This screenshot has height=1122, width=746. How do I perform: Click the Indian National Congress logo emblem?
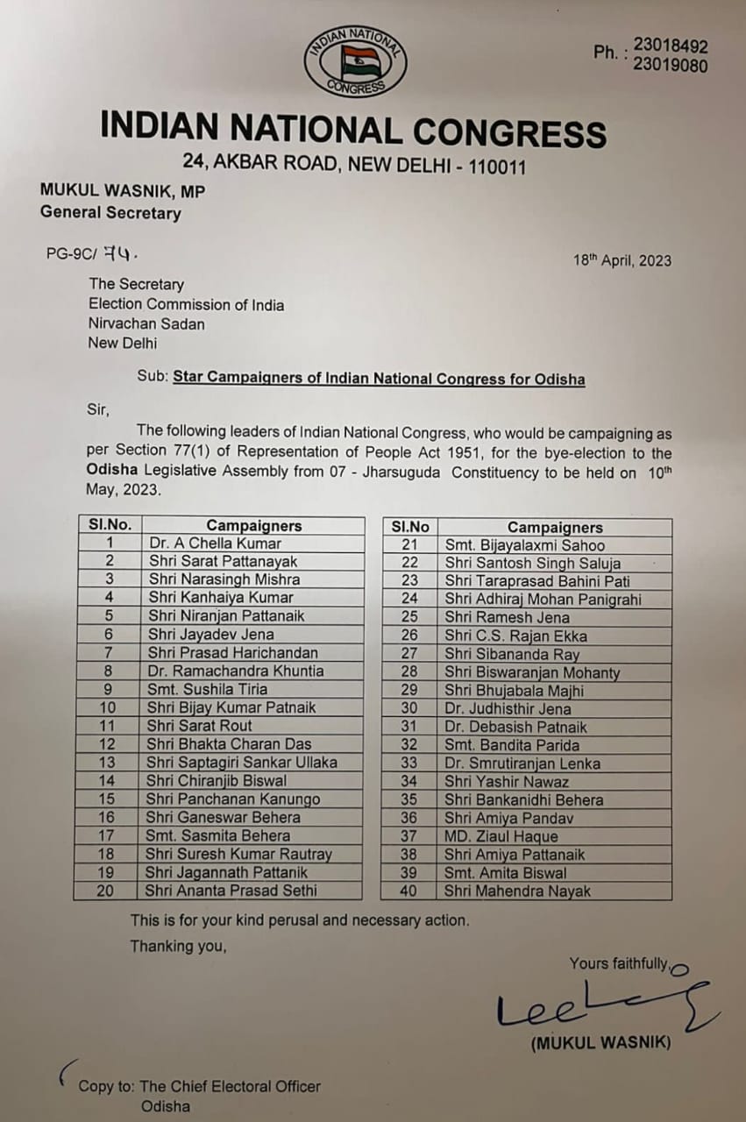point(355,60)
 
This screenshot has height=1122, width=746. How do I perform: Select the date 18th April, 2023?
point(622,260)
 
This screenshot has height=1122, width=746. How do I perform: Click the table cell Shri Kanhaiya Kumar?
point(220,598)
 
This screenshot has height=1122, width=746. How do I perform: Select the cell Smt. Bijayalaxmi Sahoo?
point(524,545)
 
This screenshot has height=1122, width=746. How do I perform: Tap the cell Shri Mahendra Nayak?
point(517,891)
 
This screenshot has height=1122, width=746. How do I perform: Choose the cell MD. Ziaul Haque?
point(501,836)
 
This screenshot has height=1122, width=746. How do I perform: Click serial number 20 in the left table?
point(107,891)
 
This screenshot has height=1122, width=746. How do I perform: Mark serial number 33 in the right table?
point(409,763)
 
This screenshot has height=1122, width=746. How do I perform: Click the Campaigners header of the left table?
point(253,526)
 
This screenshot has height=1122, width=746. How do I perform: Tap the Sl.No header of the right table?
point(410,527)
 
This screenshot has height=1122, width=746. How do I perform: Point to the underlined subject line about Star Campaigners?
point(379,379)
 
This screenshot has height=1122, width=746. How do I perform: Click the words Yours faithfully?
point(618,963)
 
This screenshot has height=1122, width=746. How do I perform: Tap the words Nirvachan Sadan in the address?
point(146,323)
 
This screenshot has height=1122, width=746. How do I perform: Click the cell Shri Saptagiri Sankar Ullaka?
point(241,762)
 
